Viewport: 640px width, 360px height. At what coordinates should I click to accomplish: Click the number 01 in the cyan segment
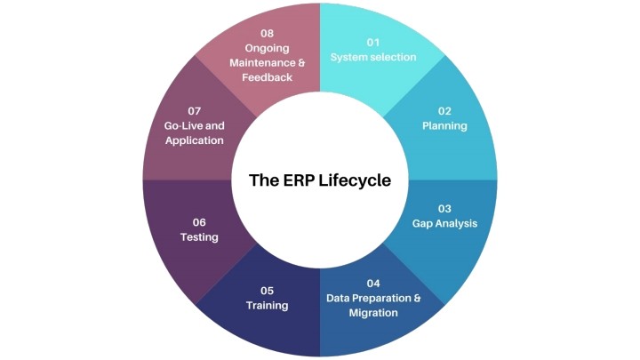373,43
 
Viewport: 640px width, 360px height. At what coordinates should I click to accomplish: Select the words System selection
373,57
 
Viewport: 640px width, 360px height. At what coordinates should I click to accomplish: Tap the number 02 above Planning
444,111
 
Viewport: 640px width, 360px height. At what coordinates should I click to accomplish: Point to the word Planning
444,125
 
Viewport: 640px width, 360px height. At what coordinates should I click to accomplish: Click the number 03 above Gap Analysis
444,209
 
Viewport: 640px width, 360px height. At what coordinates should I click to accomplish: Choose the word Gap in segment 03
421,224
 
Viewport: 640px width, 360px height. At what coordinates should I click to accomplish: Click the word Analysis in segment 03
455,224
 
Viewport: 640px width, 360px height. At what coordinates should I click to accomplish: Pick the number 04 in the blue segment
373,284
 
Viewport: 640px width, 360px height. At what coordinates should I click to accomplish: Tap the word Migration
373,313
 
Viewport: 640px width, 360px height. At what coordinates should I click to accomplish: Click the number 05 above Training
267,291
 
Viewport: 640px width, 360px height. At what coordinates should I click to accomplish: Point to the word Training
267,306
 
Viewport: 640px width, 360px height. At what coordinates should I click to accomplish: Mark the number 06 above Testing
199,222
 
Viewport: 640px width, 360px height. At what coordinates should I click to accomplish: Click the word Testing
199,237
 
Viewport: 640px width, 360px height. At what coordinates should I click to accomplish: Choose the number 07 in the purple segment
195,111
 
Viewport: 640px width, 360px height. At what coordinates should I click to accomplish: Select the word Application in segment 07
195,140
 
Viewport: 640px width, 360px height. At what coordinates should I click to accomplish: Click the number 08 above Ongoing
267,34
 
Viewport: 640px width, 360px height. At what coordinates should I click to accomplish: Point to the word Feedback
267,77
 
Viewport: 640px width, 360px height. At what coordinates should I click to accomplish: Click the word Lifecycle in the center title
355,180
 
